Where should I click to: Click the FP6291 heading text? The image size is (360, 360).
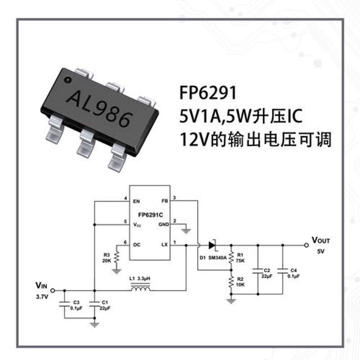[x=208, y=93]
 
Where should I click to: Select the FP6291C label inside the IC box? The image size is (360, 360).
[x=150, y=215]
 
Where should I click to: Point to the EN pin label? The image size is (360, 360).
[x=136, y=201]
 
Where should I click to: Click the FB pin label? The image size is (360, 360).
[x=165, y=201]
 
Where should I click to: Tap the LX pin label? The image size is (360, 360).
[x=165, y=245]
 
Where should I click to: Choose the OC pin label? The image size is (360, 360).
[x=137, y=245]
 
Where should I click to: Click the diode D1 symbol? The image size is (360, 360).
[x=212, y=245]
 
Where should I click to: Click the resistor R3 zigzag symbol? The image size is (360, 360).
[x=117, y=257]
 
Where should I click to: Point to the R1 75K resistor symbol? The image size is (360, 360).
[x=231, y=257]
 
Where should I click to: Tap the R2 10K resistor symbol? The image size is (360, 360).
[x=231, y=282]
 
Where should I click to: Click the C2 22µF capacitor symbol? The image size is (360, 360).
[x=258, y=271]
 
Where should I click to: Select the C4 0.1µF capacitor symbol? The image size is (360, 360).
[x=283, y=271]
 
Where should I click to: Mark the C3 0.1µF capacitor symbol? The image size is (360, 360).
[x=64, y=304]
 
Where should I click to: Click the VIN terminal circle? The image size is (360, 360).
[x=53, y=290]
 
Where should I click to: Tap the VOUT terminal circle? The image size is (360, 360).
[x=306, y=245]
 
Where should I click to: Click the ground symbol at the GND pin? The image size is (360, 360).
[x=186, y=231]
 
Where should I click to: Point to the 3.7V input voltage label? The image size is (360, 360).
[x=42, y=297]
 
